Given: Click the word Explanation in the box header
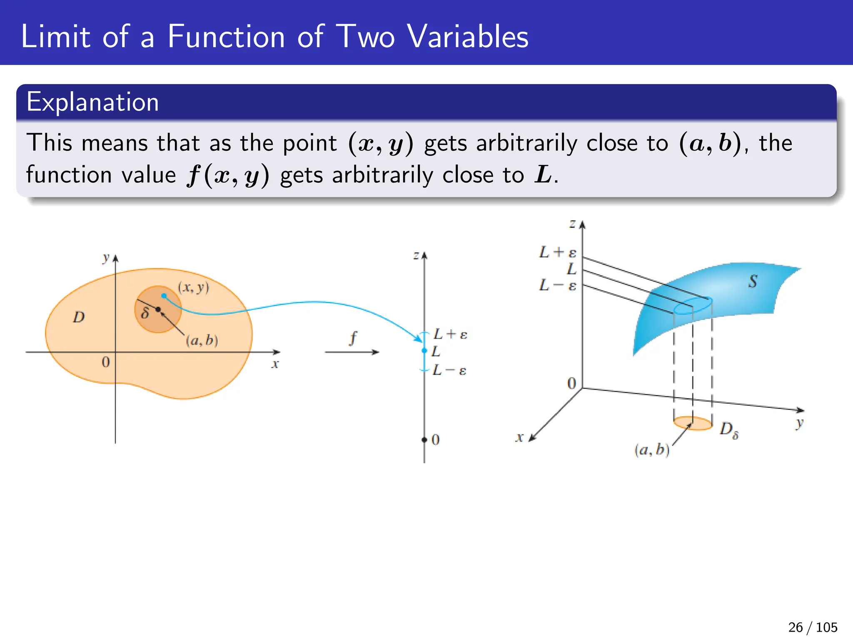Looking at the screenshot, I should pos(92,102).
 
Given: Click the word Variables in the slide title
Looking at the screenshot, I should pos(467,37).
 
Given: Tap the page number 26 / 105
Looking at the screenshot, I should pos(812,627).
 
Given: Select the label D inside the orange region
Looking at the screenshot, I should pos(79,317).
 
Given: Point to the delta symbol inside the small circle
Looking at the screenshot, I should pos(145,312).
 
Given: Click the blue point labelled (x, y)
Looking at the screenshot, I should pos(164,296).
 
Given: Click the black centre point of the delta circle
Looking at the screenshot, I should pos(158,309).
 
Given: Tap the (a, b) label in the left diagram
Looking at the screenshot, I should pos(202,340).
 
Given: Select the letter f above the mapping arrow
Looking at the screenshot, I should pos(353,337).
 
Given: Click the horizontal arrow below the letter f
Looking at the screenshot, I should pos(352,352).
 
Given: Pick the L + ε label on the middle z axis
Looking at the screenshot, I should pos(450,334).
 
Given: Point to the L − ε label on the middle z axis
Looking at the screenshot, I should pos(449,370).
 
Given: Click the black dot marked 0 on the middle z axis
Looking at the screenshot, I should pos(424,440).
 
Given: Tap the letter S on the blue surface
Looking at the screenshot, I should pos(752,282).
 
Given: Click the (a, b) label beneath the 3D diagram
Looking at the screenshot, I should pos(652,450).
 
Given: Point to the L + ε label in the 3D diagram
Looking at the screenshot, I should pos(558,252).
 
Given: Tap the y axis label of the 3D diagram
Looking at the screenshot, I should pos(799,424).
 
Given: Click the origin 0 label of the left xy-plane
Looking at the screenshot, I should pos(106,362).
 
